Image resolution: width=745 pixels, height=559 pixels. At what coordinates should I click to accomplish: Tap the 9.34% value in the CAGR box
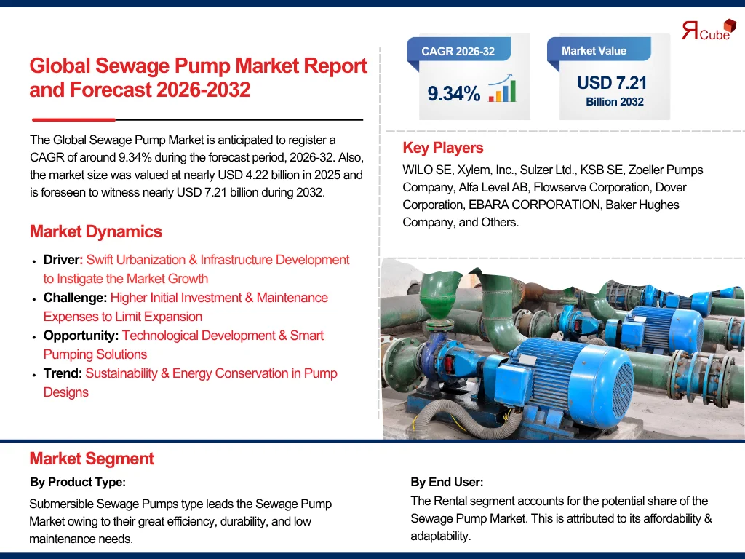click(x=453, y=94)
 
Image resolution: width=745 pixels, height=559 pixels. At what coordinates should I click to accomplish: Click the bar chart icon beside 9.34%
click(x=502, y=90)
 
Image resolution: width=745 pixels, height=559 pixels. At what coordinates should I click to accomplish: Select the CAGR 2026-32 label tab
click(x=458, y=51)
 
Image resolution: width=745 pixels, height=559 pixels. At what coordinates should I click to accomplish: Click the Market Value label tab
click(x=594, y=51)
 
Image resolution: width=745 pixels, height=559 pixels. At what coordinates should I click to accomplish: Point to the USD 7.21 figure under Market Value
click(x=611, y=83)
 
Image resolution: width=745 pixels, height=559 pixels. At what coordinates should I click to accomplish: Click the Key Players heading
click(x=442, y=148)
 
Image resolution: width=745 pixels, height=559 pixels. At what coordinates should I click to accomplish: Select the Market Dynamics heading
click(x=95, y=231)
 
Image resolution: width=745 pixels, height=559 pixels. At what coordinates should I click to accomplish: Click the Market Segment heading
click(x=92, y=459)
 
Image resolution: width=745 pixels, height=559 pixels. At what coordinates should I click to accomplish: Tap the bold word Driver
click(x=61, y=260)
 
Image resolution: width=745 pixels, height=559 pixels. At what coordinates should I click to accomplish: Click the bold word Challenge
click(x=75, y=298)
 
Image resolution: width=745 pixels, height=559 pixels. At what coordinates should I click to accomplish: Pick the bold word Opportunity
click(x=80, y=336)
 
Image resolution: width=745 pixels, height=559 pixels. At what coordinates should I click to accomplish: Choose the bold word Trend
click(x=62, y=373)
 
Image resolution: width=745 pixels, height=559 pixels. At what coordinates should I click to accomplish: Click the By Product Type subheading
click(x=78, y=482)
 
